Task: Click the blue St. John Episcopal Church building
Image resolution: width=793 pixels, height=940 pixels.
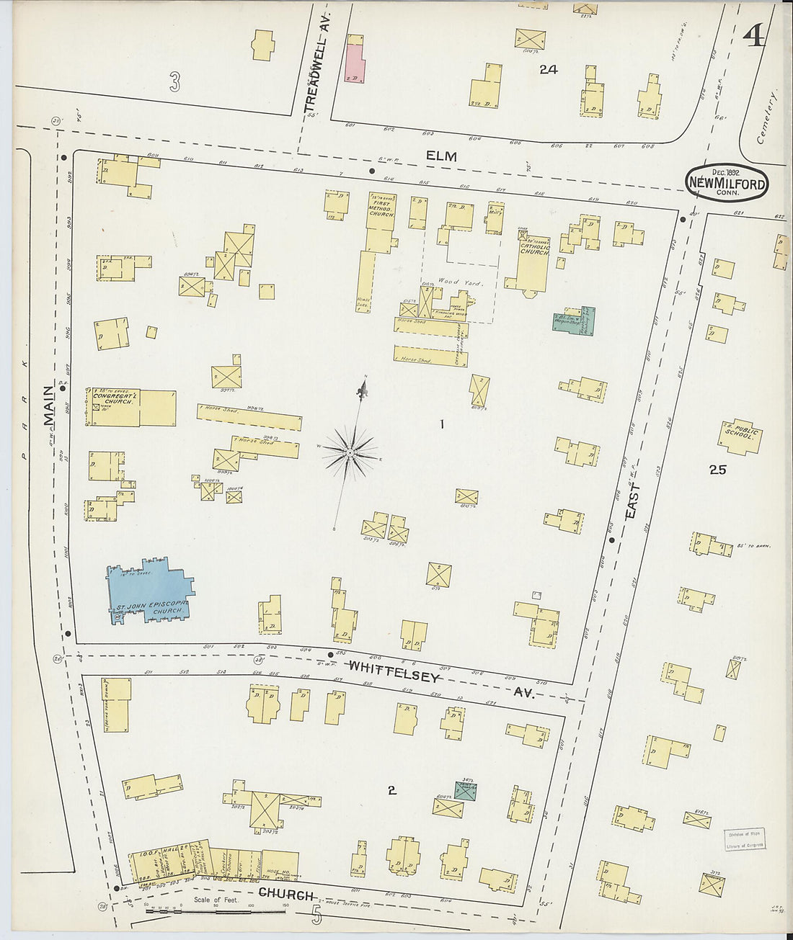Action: [148, 591]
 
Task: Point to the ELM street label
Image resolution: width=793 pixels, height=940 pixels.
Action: [441, 156]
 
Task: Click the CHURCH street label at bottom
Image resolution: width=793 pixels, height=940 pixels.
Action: [286, 895]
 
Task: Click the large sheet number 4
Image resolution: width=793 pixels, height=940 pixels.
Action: [754, 35]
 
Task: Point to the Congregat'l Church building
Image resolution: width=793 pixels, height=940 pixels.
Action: [133, 408]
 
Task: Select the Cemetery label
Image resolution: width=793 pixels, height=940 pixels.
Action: [767, 116]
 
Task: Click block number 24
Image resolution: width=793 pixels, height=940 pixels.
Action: [549, 69]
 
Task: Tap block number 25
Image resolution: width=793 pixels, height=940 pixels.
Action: [717, 470]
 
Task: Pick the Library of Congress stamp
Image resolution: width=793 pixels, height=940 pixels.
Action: [744, 840]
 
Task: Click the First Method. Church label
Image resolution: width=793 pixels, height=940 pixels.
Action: [381, 206]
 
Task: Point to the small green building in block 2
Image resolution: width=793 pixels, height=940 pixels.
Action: [466, 792]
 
